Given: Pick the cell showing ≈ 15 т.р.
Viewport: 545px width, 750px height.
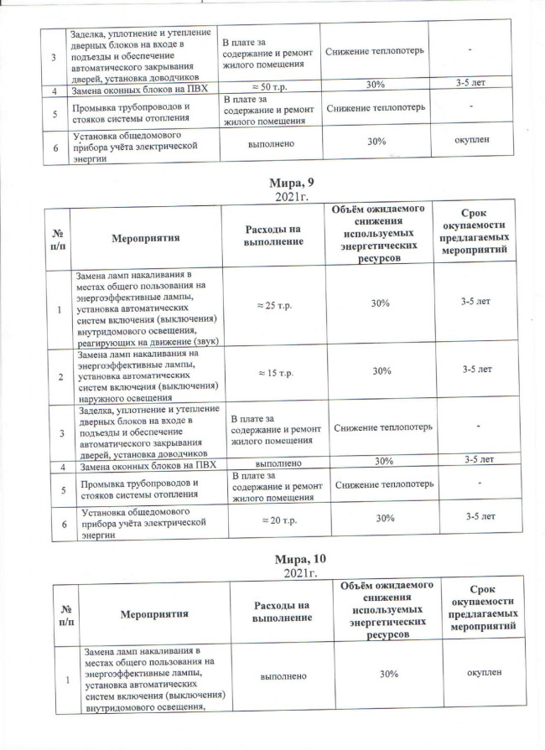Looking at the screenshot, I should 271,370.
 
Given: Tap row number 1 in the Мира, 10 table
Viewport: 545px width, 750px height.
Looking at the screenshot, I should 61,678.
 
